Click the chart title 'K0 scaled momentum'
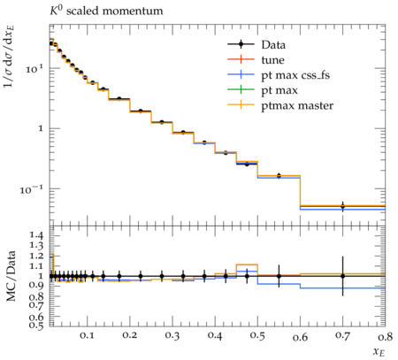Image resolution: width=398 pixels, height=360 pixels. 106,11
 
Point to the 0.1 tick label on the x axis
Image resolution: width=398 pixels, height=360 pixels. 87,335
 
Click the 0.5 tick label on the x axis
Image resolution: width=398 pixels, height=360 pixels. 257,335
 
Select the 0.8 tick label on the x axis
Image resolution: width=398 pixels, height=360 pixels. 385,335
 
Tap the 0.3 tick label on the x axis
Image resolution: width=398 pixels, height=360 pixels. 172,335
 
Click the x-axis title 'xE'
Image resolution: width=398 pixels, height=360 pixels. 379,351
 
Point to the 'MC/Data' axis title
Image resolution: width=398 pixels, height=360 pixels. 11,276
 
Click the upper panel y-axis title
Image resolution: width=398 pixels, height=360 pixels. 10,56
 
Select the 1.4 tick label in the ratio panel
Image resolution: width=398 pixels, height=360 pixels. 36,235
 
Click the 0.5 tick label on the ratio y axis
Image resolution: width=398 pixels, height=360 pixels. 36,325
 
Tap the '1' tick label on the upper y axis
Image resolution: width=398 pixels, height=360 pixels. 41,128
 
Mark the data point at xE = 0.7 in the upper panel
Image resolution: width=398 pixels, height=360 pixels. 342,206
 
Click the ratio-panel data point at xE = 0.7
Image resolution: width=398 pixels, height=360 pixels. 342,276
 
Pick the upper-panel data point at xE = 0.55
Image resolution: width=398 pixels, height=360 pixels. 279,176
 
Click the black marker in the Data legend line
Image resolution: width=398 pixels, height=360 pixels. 241,44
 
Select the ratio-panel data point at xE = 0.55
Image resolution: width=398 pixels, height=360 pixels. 279,276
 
